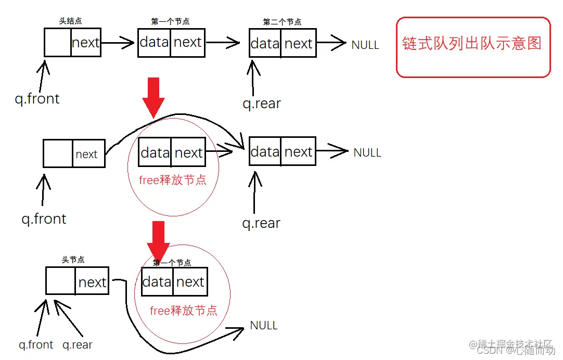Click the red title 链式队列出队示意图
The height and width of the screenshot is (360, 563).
pyautogui.click(x=472, y=43)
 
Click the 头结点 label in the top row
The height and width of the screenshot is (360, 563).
pyautogui.click(x=71, y=21)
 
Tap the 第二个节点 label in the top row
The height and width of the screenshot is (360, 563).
pyautogui.click(x=282, y=22)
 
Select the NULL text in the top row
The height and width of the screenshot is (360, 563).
pyautogui.click(x=365, y=45)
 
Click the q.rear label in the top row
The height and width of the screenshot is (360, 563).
pyautogui.click(x=261, y=104)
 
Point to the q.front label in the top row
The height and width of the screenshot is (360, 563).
pyautogui.click(x=37, y=98)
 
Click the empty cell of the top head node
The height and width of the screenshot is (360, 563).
pyautogui.click(x=58, y=43)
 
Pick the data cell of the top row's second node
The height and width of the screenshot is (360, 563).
pyautogui.click(x=265, y=43)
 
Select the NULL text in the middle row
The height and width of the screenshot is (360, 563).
pyautogui.click(x=367, y=152)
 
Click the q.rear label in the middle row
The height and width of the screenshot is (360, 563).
pyautogui.click(x=261, y=223)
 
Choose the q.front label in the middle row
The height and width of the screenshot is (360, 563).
pyautogui.click(x=44, y=218)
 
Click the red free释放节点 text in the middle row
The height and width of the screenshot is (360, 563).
pyautogui.click(x=173, y=180)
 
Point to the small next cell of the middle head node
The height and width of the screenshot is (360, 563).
pyautogui.click(x=86, y=155)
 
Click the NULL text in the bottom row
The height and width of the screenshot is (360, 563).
pyautogui.click(x=264, y=326)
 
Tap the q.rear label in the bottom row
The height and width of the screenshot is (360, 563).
pyautogui.click(x=78, y=344)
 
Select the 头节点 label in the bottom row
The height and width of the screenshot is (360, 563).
pyautogui.click(x=73, y=260)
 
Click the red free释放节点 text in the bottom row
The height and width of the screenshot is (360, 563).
pyautogui.click(x=184, y=311)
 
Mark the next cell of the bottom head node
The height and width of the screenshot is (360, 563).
pyautogui.click(x=92, y=282)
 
